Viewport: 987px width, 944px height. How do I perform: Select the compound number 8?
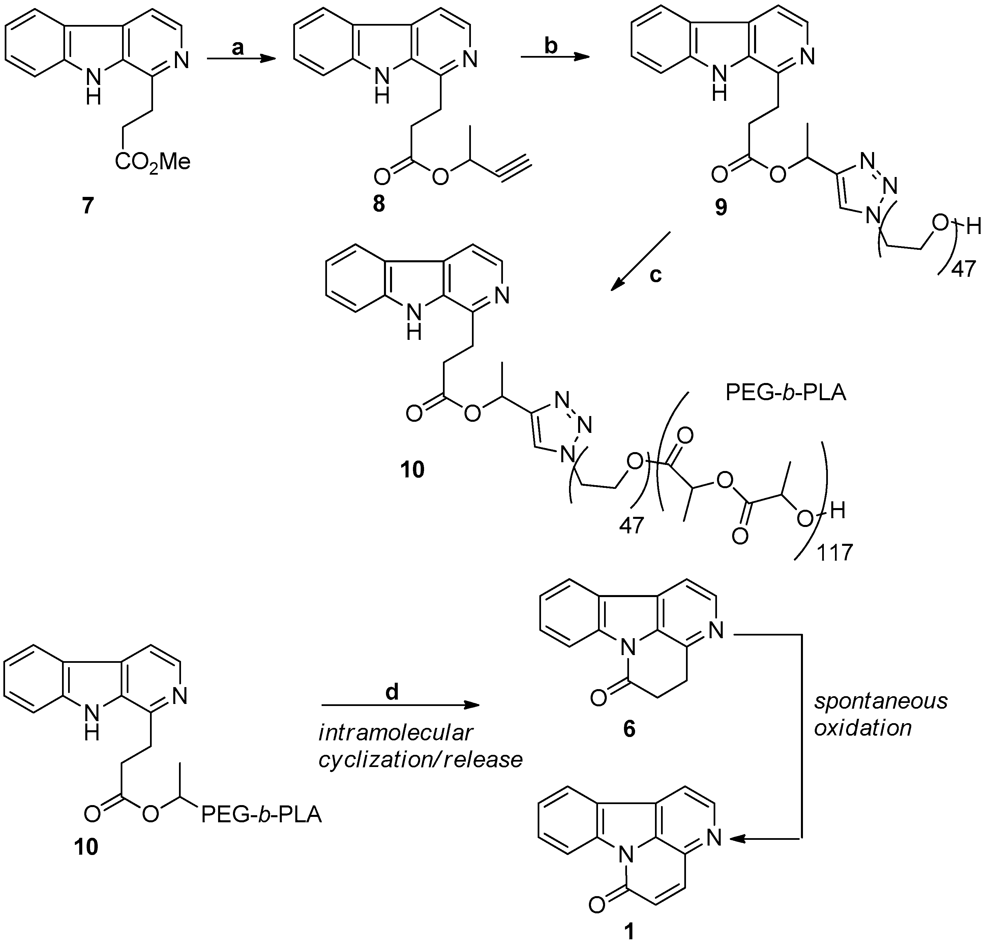[378, 204]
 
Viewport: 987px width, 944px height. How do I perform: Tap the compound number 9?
[721, 207]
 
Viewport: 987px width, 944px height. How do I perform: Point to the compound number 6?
[629, 728]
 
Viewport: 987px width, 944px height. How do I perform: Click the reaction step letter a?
[237, 48]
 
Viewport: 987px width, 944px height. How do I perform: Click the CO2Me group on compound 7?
[152, 162]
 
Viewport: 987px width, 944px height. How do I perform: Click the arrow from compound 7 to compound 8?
[241, 59]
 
